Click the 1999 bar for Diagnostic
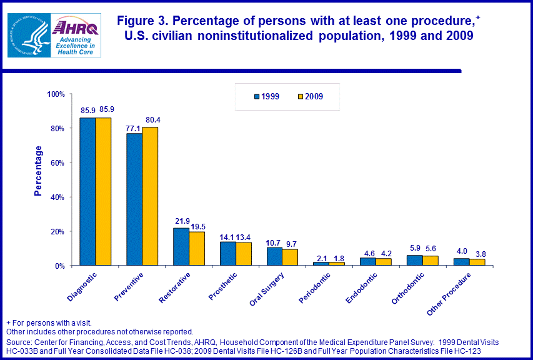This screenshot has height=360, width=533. (x=87, y=191)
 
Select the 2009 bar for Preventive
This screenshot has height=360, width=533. (x=150, y=196)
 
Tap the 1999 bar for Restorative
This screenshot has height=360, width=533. (x=181, y=247)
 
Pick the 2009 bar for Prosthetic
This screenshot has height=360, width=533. (x=244, y=254)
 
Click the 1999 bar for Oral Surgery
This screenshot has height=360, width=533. (x=274, y=256)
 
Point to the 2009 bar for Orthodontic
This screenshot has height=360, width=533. (x=431, y=261)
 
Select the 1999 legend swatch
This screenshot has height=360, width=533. (x=256, y=97)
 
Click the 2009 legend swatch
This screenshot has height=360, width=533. (x=300, y=97)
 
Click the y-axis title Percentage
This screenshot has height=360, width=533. (x=39, y=171)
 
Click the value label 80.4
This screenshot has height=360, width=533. (x=151, y=120)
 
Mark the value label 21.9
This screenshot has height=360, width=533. (x=181, y=221)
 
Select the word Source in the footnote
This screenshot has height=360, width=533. (x=19, y=343)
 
